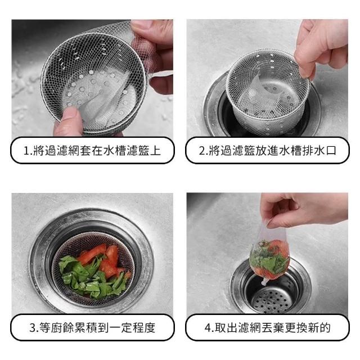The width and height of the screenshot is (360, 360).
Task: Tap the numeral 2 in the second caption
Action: pos(201,151)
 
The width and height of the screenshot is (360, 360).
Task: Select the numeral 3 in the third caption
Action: pos(33,327)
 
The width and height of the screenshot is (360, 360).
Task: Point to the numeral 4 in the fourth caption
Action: pos(208,327)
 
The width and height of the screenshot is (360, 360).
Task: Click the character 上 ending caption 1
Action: pos(155,151)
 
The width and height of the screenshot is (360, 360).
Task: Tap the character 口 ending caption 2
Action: pos(331,151)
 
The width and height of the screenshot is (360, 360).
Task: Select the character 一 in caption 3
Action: pos(115,327)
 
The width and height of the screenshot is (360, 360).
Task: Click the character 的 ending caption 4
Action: pos(325,327)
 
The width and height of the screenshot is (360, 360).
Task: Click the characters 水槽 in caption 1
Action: pos(114,151)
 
